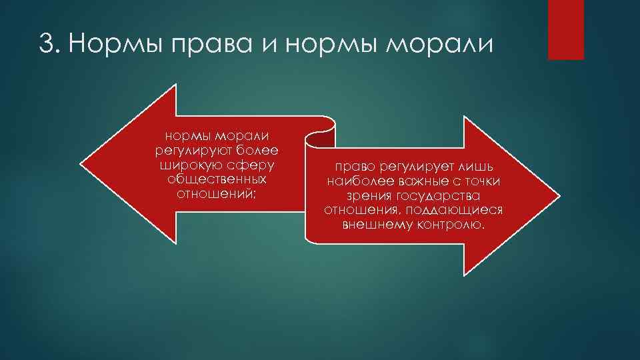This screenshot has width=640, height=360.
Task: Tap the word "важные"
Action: click(x=425, y=182)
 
